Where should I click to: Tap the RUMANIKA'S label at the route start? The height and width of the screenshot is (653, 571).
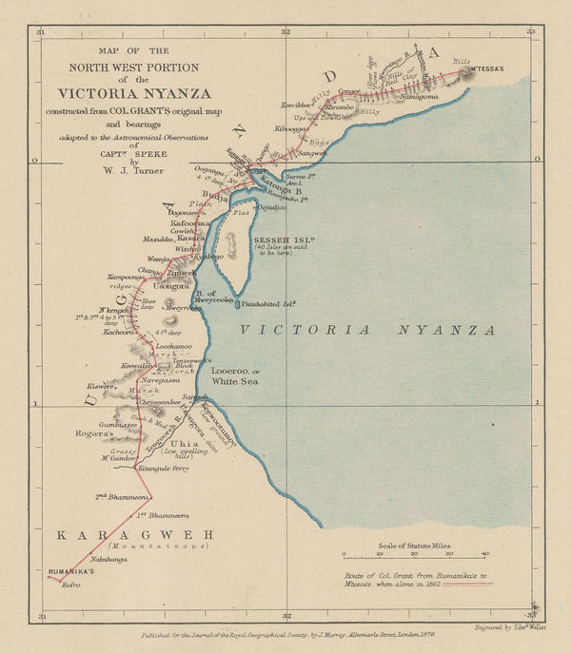[71, 573]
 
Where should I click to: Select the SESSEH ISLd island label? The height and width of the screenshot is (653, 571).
[279, 238]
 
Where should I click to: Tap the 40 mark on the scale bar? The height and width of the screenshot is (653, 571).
[484, 553]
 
